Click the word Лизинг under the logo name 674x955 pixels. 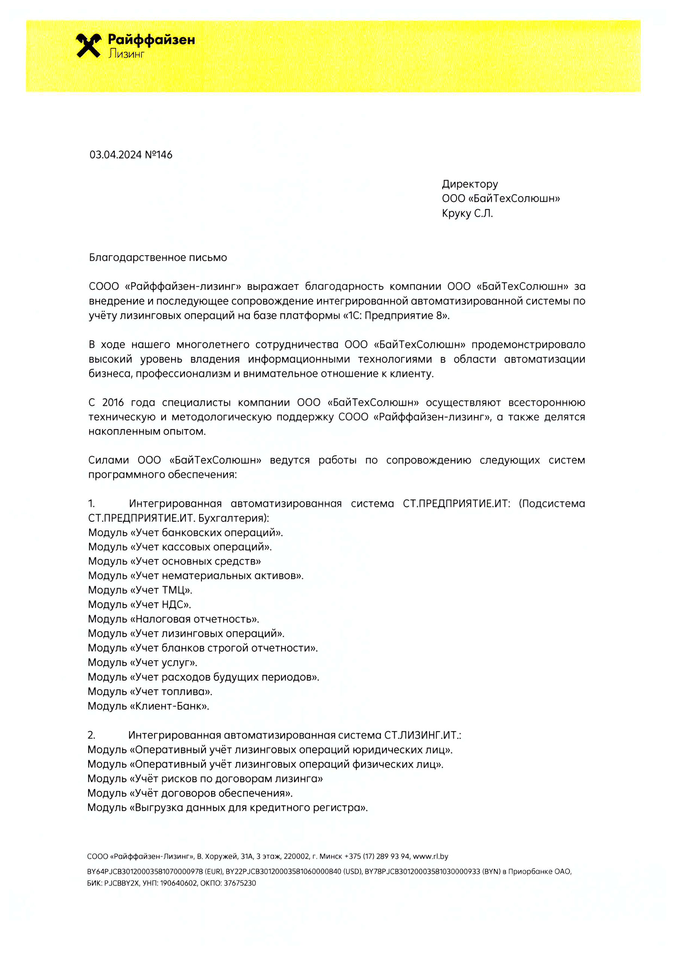pos(126,54)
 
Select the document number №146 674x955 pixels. pos(158,155)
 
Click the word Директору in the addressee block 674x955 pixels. pos(470,184)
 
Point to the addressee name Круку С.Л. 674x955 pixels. pos(467,213)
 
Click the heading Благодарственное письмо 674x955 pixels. pos(158,257)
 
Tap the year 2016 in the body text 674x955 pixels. pos(113,402)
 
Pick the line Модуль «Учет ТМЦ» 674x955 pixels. pos(140,590)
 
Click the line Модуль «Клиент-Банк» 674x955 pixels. pos(148,706)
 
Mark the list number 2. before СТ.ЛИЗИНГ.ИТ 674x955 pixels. pos(91,735)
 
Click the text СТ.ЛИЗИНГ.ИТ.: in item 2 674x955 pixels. pos(422,735)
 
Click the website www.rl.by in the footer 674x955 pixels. pos(430,856)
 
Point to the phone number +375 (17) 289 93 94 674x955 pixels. pos(377,856)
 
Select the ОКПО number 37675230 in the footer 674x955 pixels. pos(240,883)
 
